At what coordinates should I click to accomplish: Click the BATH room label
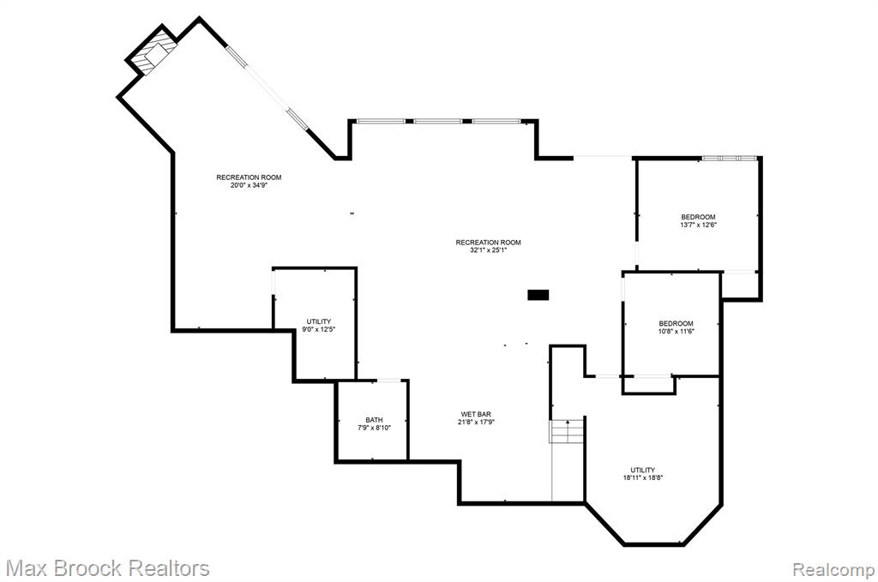point(374,420)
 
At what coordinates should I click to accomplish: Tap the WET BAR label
point(476,414)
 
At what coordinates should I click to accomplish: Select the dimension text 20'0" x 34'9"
point(250,185)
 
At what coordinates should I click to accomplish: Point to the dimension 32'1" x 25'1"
point(488,250)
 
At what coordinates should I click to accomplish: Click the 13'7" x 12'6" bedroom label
point(698,220)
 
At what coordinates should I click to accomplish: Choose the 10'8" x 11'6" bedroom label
point(676,327)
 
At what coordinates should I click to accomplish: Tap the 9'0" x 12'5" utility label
point(319,325)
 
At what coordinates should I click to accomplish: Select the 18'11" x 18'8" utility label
point(643,473)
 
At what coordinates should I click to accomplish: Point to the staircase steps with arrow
point(568,431)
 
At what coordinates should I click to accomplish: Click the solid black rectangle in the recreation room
point(538,294)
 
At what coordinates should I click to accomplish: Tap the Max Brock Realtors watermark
point(107,568)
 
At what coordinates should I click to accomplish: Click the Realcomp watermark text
point(833,570)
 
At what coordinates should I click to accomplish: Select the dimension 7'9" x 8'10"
point(374,428)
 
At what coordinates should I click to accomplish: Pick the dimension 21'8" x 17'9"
point(476,422)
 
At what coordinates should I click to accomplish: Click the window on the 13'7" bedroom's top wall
point(730,159)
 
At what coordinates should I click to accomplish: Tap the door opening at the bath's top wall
point(388,381)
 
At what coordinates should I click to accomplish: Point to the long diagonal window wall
point(268,88)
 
